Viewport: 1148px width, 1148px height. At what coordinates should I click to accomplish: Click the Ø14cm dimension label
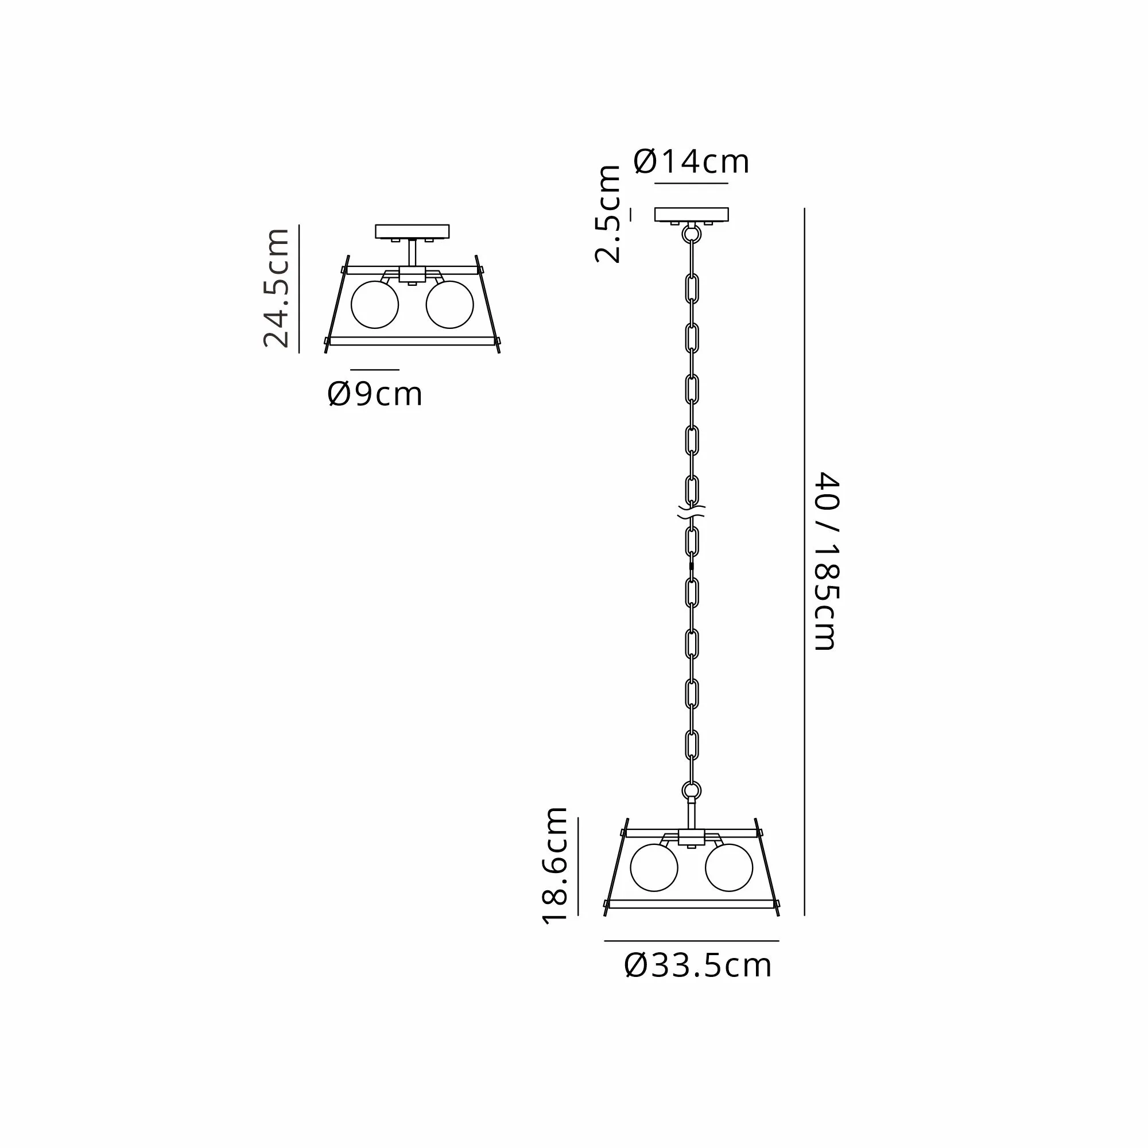pos(692,162)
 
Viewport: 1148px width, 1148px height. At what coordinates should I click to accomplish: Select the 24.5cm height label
pos(277,288)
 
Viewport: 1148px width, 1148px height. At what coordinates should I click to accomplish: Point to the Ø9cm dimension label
pos(375,394)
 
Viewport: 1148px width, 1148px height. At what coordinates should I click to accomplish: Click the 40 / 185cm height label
pos(825,561)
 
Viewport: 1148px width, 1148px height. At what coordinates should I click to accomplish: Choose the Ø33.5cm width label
pos(697,965)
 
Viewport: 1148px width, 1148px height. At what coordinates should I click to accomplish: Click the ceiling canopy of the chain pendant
pos(691,215)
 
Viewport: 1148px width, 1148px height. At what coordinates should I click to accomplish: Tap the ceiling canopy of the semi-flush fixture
pos(412,231)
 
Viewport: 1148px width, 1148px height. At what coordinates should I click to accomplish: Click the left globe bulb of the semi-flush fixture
pos(375,304)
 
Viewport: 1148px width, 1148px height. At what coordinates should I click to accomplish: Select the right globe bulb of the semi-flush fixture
pos(450,304)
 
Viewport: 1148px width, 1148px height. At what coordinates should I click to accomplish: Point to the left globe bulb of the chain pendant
pos(654,867)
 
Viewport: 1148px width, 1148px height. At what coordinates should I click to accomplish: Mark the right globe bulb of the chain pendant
pos(729,867)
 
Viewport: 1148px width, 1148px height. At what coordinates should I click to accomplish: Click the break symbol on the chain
pos(691,512)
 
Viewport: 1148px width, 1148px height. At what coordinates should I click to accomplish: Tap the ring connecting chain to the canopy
pos(691,234)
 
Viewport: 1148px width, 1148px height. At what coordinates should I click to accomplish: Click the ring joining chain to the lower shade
pos(691,791)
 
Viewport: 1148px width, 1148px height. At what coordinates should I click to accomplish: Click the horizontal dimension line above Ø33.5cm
pos(691,941)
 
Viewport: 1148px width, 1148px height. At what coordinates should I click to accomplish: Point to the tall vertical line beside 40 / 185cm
pos(804,561)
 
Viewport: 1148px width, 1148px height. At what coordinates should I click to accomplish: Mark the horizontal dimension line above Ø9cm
pos(375,370)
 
